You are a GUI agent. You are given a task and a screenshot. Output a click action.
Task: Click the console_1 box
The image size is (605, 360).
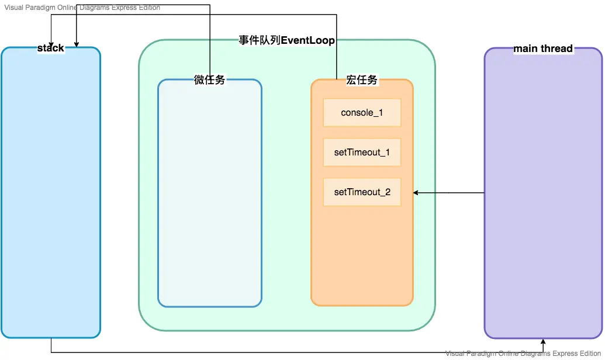[x=362, y=112]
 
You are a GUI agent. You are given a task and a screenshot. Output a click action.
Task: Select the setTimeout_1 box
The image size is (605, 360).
[x=362, y=153]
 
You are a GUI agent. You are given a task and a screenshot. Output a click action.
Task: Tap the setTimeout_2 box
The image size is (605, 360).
[x=362, y=192]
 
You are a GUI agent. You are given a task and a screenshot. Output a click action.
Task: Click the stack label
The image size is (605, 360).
[x=51, y=48]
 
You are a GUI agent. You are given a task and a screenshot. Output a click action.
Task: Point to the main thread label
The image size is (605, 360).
[x=543, y=49]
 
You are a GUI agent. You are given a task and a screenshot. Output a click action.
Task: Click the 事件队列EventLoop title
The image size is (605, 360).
[x=286, y=40]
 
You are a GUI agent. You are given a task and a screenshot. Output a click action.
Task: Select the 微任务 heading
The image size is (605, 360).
[x=209, y=80]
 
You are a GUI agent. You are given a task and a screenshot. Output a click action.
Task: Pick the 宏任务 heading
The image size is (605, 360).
[x=362, y=80]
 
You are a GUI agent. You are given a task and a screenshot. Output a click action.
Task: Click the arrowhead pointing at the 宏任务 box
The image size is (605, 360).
[x=416, y=192]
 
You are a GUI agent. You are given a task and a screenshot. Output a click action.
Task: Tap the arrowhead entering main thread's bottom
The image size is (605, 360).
[x=543, y=342]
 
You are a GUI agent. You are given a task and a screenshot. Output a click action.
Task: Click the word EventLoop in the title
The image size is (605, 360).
[x=308, y=40]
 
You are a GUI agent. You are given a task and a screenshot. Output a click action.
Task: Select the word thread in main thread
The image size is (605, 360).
[x=557, y=49]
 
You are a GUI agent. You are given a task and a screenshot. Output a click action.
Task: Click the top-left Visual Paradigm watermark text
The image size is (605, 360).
[x=82, y=8]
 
